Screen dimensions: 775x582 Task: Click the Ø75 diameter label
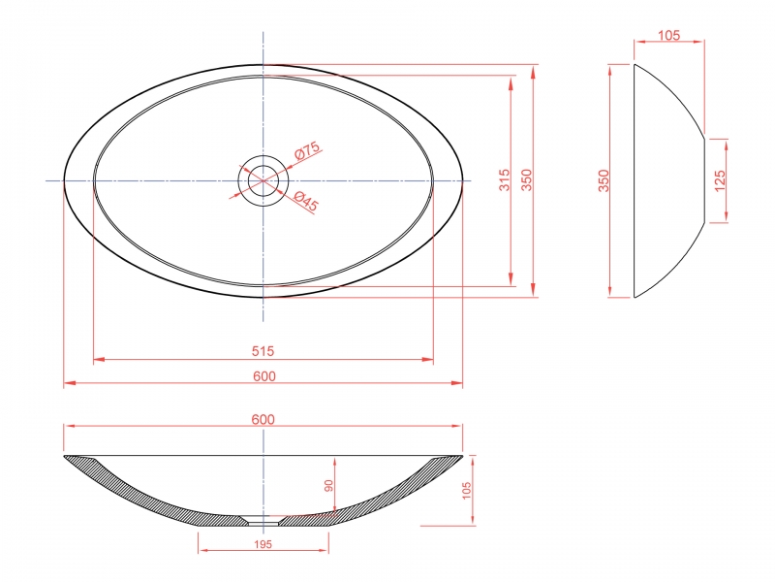307,150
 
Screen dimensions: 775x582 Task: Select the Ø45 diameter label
306,201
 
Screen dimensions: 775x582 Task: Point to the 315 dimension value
504,180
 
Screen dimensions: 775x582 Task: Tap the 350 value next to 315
527,180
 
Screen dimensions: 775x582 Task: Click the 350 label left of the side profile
604,180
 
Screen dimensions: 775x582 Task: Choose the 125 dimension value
720,180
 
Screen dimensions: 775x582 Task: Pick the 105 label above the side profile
668,35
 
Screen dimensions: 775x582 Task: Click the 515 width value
263,351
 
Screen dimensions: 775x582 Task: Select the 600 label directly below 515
264,376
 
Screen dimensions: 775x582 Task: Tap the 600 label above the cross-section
263,419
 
